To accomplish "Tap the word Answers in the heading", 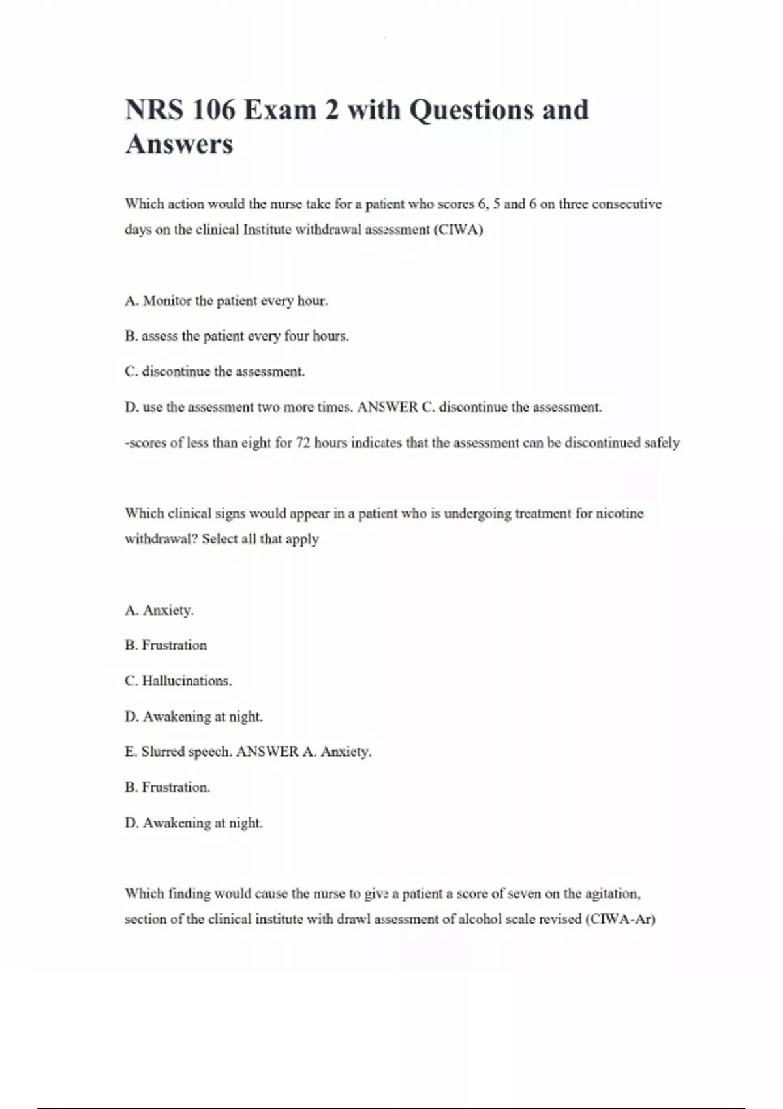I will [179, 144].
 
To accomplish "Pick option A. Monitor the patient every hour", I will [226, 301].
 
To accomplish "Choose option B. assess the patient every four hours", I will [236, 336].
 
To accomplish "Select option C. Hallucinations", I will [178, 680].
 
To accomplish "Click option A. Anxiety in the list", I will [159, 610].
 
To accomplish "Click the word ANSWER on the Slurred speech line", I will [267, 752].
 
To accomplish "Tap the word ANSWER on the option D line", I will [388, 407].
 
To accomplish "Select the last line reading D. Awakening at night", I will [193, 823].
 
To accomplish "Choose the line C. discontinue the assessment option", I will [215, 372].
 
